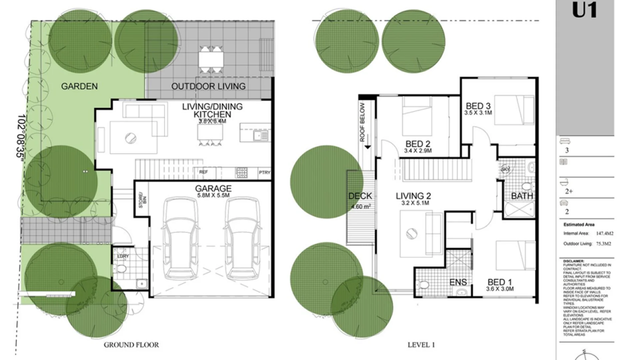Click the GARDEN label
79,86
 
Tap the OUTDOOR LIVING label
208,86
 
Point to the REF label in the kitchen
203,172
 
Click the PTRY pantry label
265,172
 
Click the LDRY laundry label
123,256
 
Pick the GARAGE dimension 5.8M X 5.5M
213,195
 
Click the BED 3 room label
478,106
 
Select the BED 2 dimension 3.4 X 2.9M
418,151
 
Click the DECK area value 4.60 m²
360,207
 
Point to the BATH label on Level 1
522,196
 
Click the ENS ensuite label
458,282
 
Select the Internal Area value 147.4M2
605,233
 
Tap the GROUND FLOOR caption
131,345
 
